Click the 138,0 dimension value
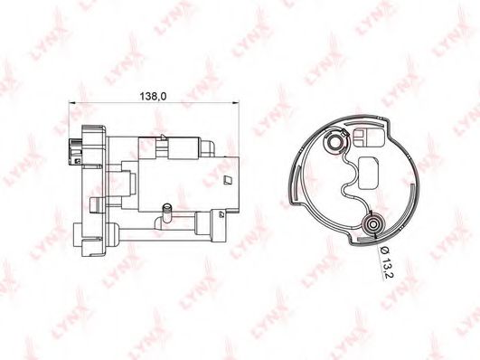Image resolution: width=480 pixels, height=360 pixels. coord(153,96)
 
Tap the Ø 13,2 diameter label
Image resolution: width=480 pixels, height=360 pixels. coord(385,263)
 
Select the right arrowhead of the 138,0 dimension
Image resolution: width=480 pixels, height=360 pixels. coord(235,102)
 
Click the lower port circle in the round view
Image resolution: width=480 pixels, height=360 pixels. coord(372,225)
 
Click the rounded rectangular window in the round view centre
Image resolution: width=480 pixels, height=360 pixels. coord(369,173)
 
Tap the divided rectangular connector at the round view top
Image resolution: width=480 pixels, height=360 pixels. coord(369,137)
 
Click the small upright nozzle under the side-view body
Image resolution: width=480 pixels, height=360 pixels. coord(167,212)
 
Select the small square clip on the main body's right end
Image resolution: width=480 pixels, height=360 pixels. coord(228,180)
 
